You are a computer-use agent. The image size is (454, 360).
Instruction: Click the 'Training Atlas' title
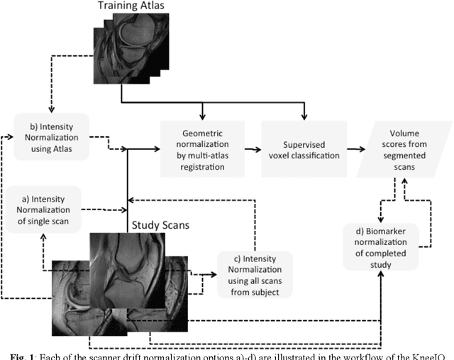point(131,7)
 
